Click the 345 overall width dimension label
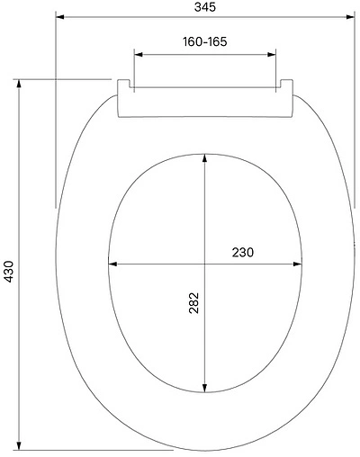click(x=203, y=7)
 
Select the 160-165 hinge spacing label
click(x=203, y=42)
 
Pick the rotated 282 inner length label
click(x=193, y=306)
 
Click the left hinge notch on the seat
click(x=125, y=86)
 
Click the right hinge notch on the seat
click(x=283, y=86)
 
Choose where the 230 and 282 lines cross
click(x=205, y=264)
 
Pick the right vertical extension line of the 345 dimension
click(x=353, y=108)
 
